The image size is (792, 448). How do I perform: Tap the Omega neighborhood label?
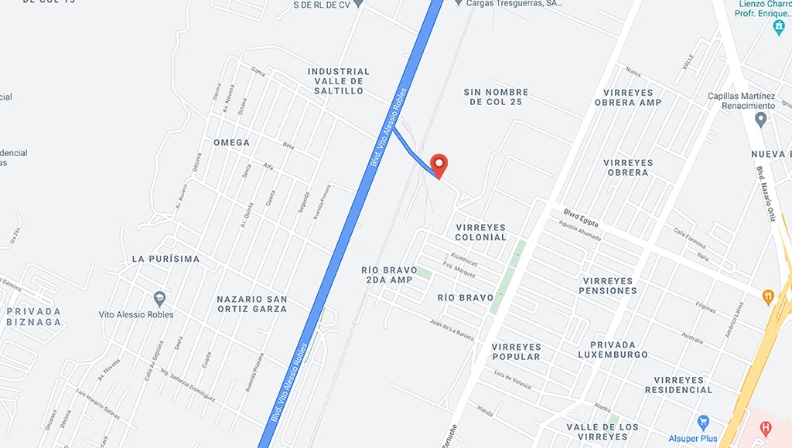(232, 142)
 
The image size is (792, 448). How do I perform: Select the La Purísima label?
(166, 259)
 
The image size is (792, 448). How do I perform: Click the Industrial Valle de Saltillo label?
(339, 81)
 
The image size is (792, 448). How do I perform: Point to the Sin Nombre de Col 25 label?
(496, 97)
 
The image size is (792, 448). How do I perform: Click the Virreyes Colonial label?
(481, 232)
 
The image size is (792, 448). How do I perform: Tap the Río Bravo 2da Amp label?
(389, 275)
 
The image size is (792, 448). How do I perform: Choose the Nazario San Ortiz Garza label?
(252, 304)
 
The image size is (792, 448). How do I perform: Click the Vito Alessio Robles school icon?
(159, 297)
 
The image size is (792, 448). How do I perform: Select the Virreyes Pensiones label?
(609, 286)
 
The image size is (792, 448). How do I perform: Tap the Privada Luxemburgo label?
(613, 349)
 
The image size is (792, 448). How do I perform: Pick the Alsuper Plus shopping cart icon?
(703, 423)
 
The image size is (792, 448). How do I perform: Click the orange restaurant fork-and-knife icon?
(767, 295)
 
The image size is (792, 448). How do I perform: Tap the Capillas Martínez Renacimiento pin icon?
(760, 120)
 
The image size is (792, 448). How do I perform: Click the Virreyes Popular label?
(516, 351)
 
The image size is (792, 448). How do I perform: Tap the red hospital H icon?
(766, 427)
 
